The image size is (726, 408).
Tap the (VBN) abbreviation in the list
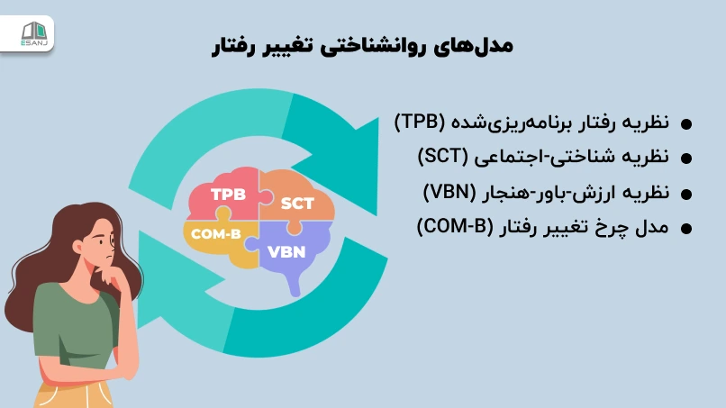click(x=448, y=192)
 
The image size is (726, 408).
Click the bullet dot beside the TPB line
click(x=685, y=124)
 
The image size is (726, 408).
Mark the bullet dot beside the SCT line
click(x=685, y=159)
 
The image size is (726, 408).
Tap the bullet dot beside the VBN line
click(x=685, y=194)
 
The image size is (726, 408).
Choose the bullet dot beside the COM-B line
click(x=685, y=229)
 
